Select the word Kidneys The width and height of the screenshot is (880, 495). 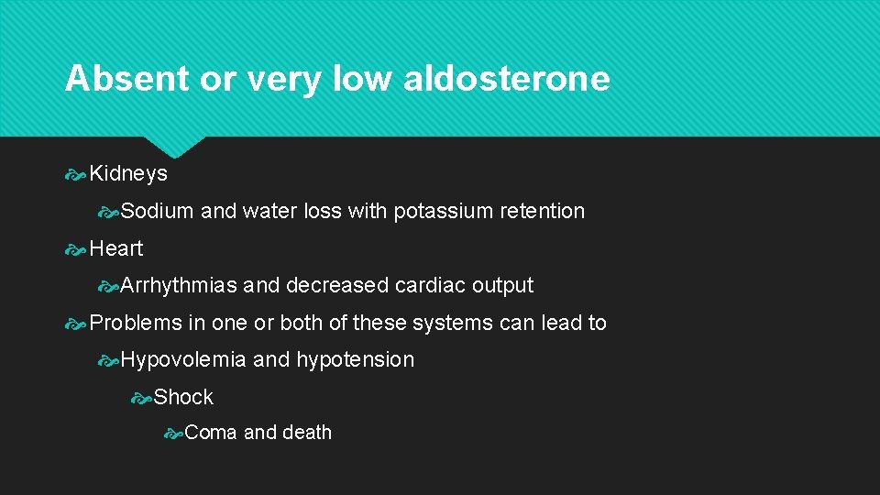tap(128, 174)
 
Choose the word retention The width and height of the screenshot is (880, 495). tap(542, 211)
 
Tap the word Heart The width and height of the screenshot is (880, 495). tap(116, 248)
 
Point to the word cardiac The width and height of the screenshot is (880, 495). tap(430, 285)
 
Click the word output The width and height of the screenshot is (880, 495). tap(502, 285)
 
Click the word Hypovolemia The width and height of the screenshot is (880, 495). tap(183, 359)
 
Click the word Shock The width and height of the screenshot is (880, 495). tap(183, 397)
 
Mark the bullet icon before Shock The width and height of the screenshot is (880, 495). tap(141, 397)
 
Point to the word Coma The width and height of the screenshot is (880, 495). tap(210, 433)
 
